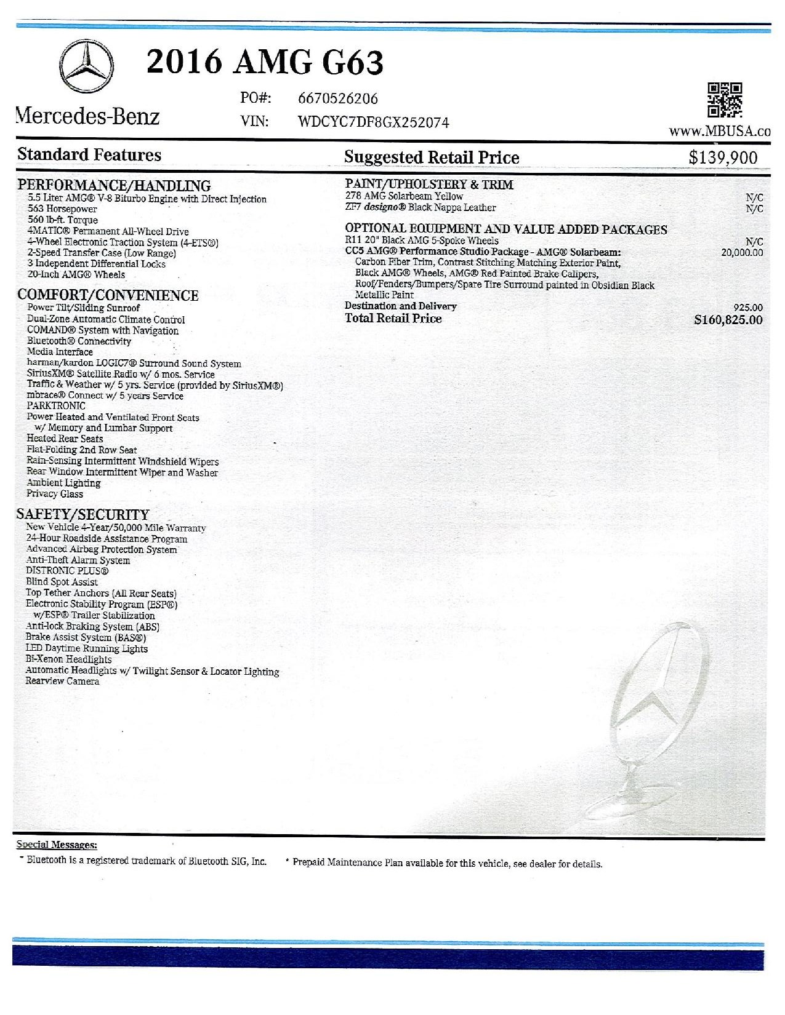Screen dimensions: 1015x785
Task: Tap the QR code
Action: tap(725, 100)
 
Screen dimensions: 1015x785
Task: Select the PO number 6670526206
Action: tap(337, 99)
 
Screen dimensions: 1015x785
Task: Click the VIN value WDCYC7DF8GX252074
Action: tap(373, 122)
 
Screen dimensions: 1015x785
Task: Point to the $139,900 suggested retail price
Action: tap(723, 157)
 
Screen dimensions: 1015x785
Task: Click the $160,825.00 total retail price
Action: tap(728, 320)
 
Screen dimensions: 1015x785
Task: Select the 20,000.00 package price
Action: tap(742, 252)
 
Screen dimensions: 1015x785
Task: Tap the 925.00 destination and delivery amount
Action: tap(748, 308)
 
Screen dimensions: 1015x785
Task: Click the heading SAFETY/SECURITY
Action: tap(83, 514)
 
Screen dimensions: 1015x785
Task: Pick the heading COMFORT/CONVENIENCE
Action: tap(108, 295)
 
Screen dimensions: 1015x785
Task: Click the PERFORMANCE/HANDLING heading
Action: tap(114, 185)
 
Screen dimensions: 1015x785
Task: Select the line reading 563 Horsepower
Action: tap(62, 209)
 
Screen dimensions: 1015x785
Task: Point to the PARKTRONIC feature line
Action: tap(56, 406)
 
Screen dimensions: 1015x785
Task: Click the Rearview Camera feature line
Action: tap(62, 682)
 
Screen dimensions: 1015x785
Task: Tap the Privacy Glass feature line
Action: tap(55, 494)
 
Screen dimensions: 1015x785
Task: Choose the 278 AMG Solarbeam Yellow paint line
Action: tap(404, 196)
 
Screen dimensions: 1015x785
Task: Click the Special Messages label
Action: tap(57, 845)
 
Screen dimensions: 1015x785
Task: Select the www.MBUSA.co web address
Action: tap(720, 132)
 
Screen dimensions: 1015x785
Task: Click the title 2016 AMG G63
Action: tap(265, 62)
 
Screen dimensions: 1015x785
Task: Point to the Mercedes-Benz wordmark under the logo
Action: tap(88, 116)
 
